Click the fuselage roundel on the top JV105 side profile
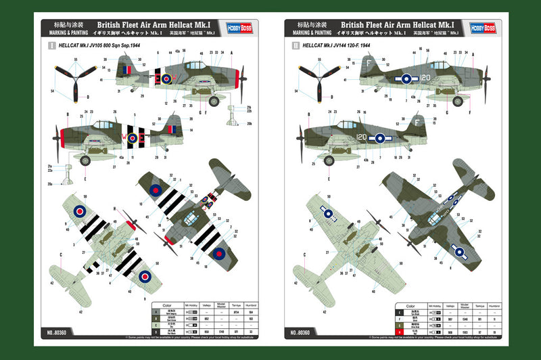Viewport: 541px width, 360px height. coord(163,78)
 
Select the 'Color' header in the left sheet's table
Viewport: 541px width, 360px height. coord(167,305)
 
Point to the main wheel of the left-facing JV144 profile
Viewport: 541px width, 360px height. coord(331,160)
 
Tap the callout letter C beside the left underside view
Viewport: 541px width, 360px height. coord(60,255)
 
